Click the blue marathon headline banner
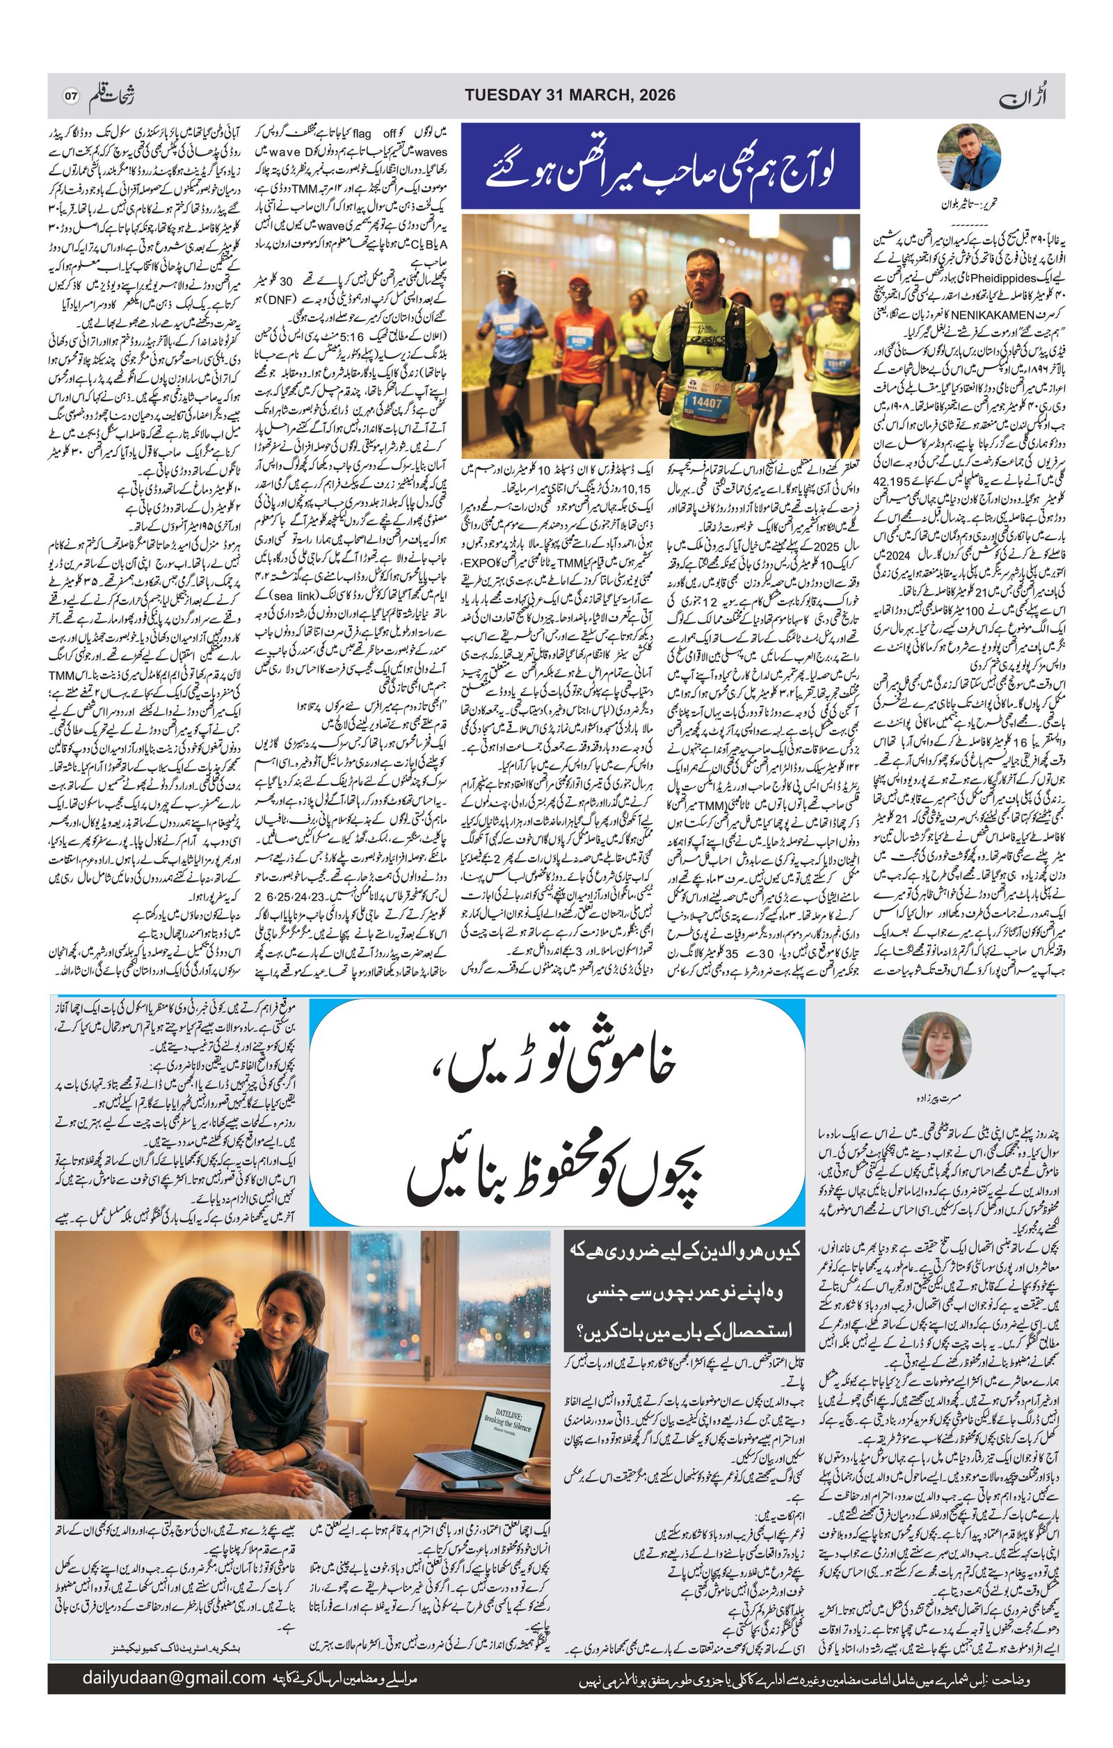point(660,166)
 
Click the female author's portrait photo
point(936,1045)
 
